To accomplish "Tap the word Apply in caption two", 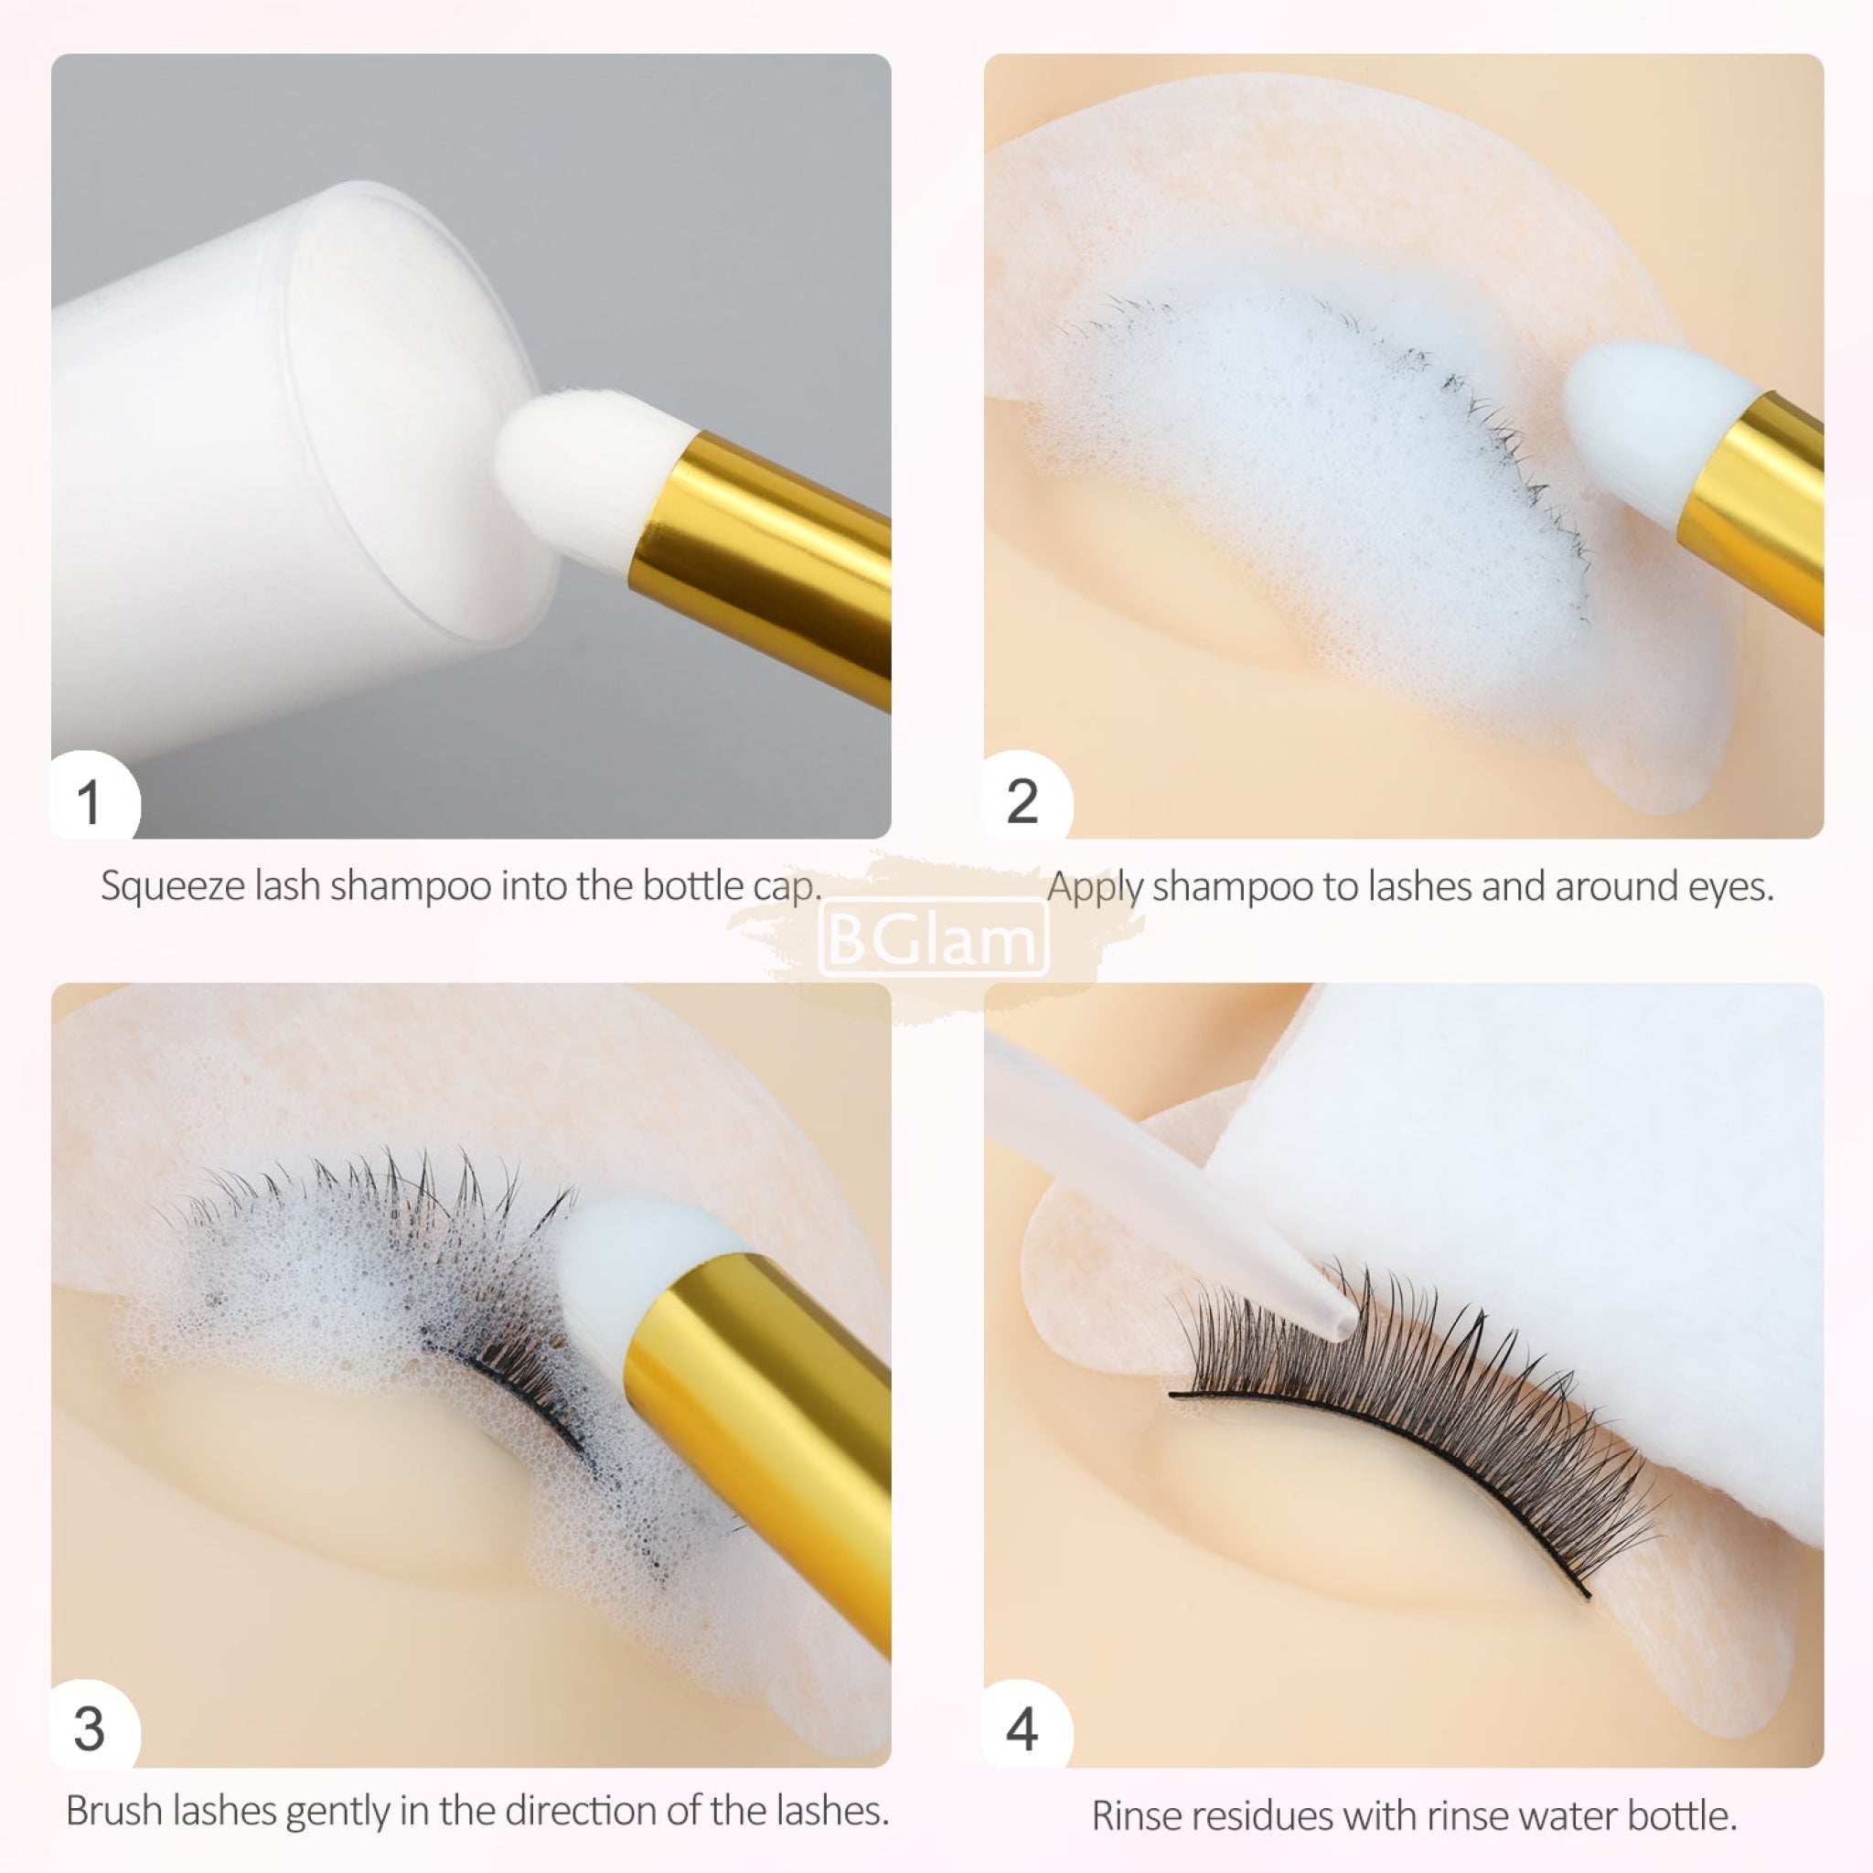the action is [1096, 887].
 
